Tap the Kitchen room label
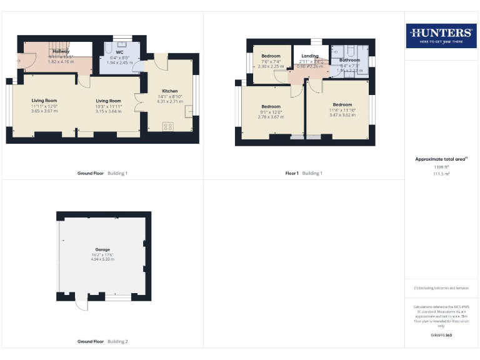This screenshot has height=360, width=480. point(170,91)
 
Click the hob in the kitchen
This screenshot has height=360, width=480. point(168,126)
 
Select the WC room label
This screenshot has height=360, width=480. point(119,52)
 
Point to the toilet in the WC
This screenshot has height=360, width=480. point(108,47)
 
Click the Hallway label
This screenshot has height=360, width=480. point(61,51)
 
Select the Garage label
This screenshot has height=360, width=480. point(103,249)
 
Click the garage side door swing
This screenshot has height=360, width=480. point(80,304)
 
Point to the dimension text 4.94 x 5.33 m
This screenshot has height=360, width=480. point(103,259)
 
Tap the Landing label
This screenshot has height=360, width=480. point(309,56)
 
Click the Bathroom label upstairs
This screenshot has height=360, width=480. point(350,60)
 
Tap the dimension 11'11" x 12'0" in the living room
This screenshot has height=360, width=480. point(44,106)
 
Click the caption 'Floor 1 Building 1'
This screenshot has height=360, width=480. point(304,173)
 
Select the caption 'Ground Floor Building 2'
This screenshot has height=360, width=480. point(102,342)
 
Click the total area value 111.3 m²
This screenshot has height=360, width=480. point(441,174)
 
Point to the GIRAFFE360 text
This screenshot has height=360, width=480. point(441,336)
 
